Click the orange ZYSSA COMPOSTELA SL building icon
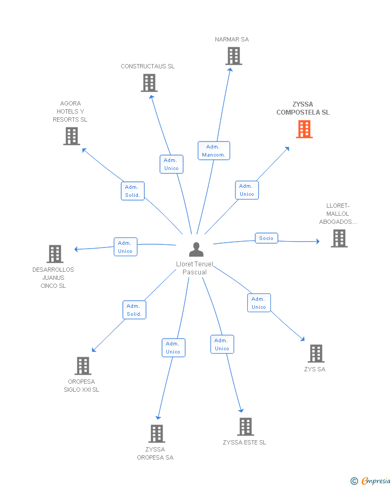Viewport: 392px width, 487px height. pos(304,129)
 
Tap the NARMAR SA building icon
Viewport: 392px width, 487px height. pos(233,56)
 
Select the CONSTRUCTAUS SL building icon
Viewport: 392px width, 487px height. pos(149,83)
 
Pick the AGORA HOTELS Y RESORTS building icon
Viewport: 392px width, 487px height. pos(71,136)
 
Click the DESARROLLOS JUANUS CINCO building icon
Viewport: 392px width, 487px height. pos(55,254)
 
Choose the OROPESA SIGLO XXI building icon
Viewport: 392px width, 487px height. pos(82,366)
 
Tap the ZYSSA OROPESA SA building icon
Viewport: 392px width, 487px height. pos(156,434)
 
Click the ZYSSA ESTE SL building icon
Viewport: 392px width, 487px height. pos(246,427)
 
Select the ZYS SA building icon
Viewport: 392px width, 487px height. pos(316,354)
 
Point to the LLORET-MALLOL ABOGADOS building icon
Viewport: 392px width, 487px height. pos(339,238)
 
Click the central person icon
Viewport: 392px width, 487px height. pos(196,250)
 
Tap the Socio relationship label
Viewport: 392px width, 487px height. pos(266,238)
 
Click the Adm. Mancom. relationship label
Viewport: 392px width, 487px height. pos(214,151)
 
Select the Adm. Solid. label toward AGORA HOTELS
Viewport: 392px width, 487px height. pos(132,191)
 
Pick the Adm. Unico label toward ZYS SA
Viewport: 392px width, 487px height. pos(258,303)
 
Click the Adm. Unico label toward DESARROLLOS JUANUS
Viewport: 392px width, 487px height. pos(125,247)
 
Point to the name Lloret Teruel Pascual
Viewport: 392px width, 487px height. pos(194,268)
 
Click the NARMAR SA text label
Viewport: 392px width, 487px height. pos(232,39)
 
